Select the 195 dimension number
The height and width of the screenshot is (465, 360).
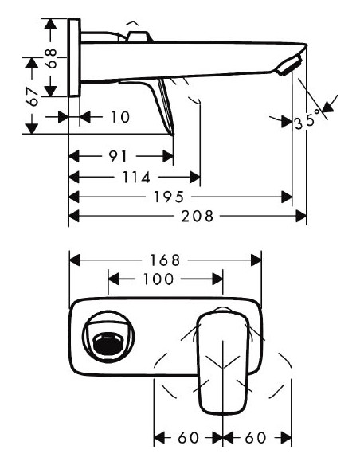pos(170,197)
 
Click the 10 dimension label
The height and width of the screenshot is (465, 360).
pos(119,117)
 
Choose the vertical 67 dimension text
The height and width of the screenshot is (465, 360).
pos(33,96)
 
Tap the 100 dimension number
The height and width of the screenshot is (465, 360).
pos(159,279)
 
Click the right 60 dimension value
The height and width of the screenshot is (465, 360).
pos(256,439)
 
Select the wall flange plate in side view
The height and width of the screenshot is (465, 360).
pos(74,60)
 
